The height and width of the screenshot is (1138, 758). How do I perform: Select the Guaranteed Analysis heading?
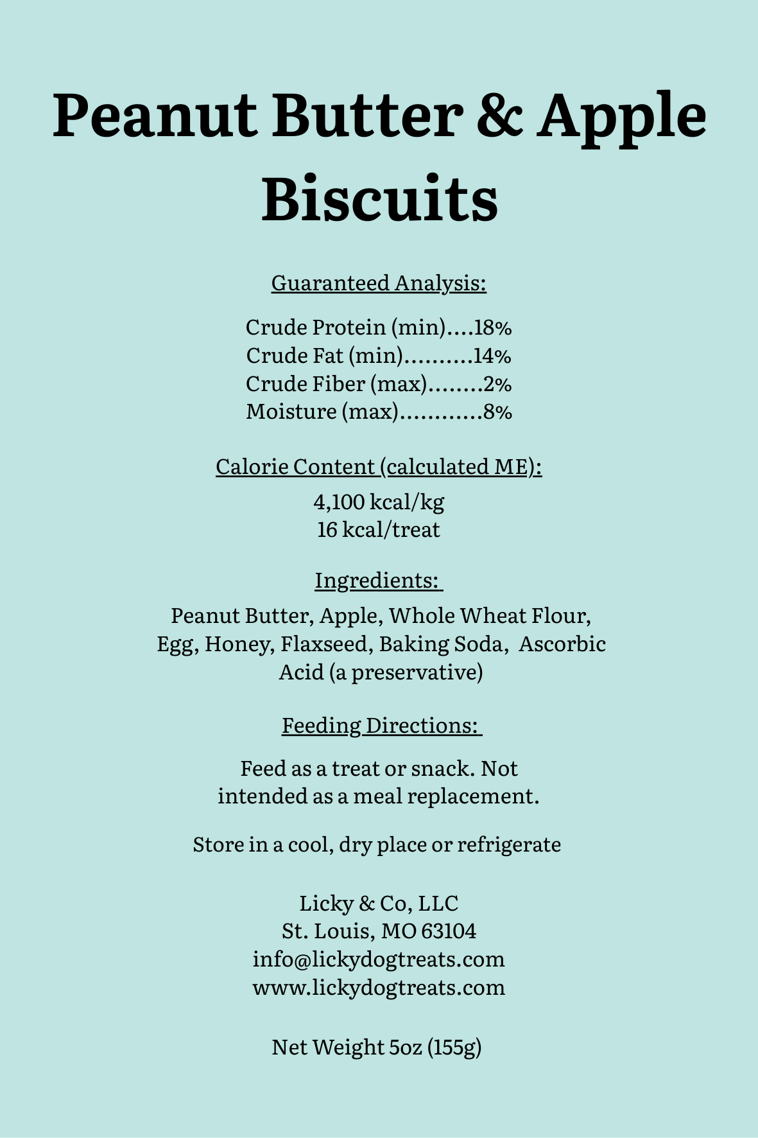[x=379, y=283]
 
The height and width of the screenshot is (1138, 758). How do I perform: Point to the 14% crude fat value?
[x=492, y=356]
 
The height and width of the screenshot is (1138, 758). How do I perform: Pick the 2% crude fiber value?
[x=497, y=384]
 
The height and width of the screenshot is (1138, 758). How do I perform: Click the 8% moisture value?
[x=498, y=412]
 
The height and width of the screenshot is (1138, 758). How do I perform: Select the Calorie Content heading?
[x=379, y=467]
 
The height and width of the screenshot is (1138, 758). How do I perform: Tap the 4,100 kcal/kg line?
[x=379, y=502]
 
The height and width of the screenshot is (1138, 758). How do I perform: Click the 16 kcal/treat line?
[x=379, y=530]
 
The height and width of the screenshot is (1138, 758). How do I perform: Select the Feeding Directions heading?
[x=381, y=726]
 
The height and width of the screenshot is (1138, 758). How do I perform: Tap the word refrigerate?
[x=509, y=844]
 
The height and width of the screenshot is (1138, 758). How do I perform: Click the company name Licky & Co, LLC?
[x=379, y=904]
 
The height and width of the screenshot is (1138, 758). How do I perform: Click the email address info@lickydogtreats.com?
[x=379, y=959]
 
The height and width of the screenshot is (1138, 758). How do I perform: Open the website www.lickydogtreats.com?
[x=379, y=987]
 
